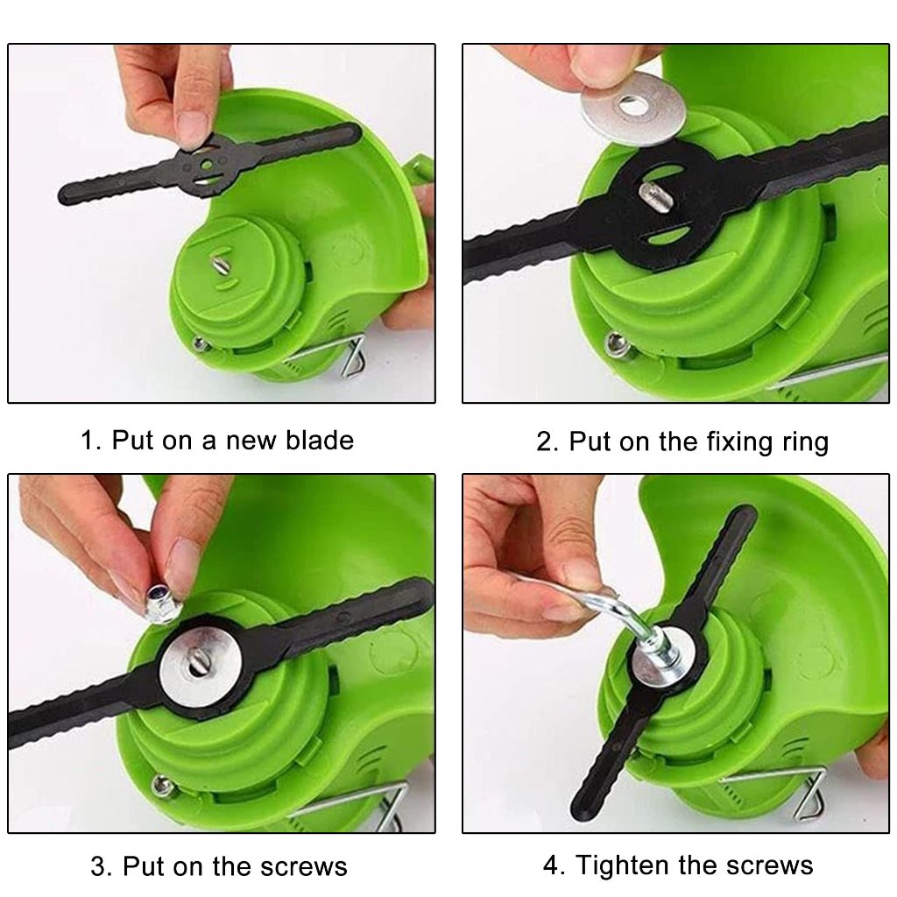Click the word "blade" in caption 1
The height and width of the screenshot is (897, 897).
click(320, 441)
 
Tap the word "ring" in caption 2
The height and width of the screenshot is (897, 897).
click(805, 442)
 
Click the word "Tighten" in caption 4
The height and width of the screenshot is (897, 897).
click(628, 865)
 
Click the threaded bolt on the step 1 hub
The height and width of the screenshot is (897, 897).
click(220, 265)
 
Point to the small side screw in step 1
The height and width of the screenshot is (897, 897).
click(201, 343)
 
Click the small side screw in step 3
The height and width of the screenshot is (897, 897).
click(162, 785)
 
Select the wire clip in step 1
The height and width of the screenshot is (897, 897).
click(352, 357)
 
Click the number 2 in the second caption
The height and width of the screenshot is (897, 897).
click(544, 442)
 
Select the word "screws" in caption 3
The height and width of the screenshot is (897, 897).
click(304, 867)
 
